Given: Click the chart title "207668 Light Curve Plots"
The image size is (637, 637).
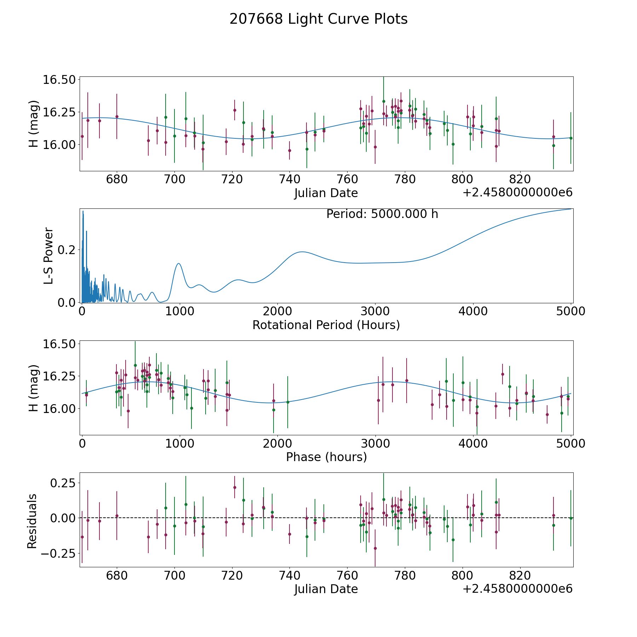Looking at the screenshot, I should (x=318, y=19).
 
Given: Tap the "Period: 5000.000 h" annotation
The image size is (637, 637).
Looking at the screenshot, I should (x=382, y=214).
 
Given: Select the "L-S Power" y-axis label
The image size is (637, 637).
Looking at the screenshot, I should (x=48, y=256).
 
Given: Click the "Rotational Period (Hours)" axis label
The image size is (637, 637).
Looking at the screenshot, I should (x=326, y=325).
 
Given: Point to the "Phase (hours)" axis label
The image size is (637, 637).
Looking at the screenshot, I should (x=326, y=457).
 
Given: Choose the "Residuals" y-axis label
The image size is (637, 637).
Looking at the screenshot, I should (x=32, y=521).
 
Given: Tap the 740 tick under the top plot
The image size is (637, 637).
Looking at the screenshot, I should (x=289, y=179).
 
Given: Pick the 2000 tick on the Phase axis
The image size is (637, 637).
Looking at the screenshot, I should (x=277, y=443).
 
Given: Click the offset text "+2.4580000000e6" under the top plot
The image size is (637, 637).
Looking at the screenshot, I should (x=517, y=193).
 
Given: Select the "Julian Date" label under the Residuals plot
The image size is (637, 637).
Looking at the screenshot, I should (x=326, y=589).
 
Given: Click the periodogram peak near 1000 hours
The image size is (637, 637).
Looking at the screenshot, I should (x=179, y=264).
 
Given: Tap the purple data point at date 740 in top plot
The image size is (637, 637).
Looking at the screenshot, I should (x=289, y=150).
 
